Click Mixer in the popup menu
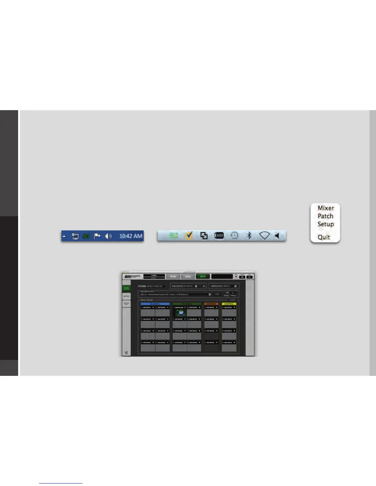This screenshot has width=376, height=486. click(326, 208)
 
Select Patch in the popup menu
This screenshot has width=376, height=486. click(325, 216)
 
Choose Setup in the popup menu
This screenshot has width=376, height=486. click(326, 224)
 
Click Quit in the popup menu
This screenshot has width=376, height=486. click(324, 237)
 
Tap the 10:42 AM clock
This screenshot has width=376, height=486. click(131, 236)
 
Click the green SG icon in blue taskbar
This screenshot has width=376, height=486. click(86, 236)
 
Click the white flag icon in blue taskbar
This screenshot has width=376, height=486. click(97, 236)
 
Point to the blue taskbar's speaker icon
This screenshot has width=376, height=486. click(108, 236)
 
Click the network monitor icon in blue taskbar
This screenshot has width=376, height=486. click(75, 236)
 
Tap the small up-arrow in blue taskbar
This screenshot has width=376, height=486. click(64, 236)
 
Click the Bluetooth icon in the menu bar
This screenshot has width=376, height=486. click(249, 235)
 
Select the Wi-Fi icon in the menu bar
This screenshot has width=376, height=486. click(264, 235)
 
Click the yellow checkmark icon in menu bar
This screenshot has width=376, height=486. click(189, 235)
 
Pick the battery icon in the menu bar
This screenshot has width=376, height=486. click(219, 235)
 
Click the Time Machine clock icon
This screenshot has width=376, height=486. click(234, 235)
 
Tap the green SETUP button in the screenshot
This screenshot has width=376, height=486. click(203, 276)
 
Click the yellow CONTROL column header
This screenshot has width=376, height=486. click(229, 304)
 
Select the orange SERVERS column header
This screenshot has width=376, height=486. click(211, 304)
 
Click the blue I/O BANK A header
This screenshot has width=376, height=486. click(155, 304)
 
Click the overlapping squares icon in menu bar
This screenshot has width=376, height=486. click(204, 235)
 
